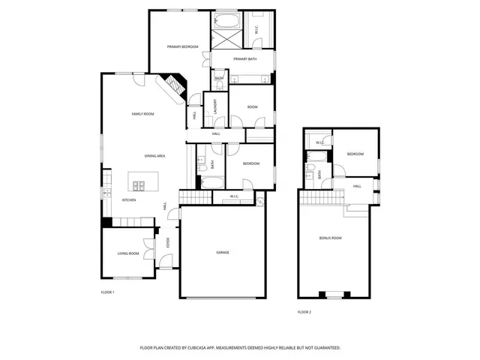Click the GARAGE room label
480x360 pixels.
pyautogui.click(x=223, y=253)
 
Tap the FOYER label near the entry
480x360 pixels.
pyautogui.click(x=168, y=242)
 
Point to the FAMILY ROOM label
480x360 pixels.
pyautogui.click(x=142, y=113)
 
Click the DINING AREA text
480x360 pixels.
pyautogui.click(x=154, y=155)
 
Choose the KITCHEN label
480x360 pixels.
pyautogui.click(x=129, y=200)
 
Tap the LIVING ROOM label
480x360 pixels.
pyautogui.click(x=127, y=253)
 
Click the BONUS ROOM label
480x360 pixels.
pyautogui.click(x=330, y=238)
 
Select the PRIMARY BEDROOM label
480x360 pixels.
pyautogui.click(x=182, y=46)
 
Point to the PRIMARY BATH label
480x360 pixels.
pyautogui.click(x=245, y=58)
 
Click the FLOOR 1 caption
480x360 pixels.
pyautogui.click(x=107, y=292)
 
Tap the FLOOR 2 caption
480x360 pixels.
pyautogui.click(x=304, y=312)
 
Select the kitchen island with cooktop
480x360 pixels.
pyautogui.click(x=140, y=181)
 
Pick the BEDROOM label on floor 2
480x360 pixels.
pyautogui.click(x=355, y=154)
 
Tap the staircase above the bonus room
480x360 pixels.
pyautogui.click(x=321, y=196)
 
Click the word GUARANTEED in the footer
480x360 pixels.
pyautogui.click(x=324, y=348)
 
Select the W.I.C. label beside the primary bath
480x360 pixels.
pyautogui.click(x=256, y=30)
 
